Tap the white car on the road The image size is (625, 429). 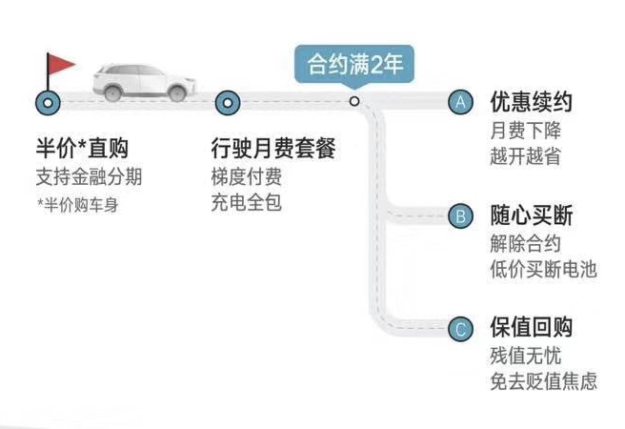144,82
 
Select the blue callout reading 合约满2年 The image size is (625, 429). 354,66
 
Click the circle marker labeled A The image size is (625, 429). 460,102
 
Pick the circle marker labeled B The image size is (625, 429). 460,216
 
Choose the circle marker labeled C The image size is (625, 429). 460,329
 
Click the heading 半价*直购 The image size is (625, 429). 82,149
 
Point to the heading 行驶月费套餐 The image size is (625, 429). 273,149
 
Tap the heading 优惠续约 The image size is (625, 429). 532,102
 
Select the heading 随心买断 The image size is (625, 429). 532,215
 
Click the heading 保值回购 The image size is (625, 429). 532,328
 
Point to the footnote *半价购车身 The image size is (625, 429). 78,205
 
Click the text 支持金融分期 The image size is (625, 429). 89,177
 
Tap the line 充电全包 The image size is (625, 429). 247,202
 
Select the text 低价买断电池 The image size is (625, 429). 543,270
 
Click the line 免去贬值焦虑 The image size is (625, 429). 543,381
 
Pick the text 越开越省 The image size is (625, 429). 525,156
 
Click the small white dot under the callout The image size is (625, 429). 354,101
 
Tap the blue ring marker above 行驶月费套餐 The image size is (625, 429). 228,103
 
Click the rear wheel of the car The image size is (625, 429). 112,92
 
